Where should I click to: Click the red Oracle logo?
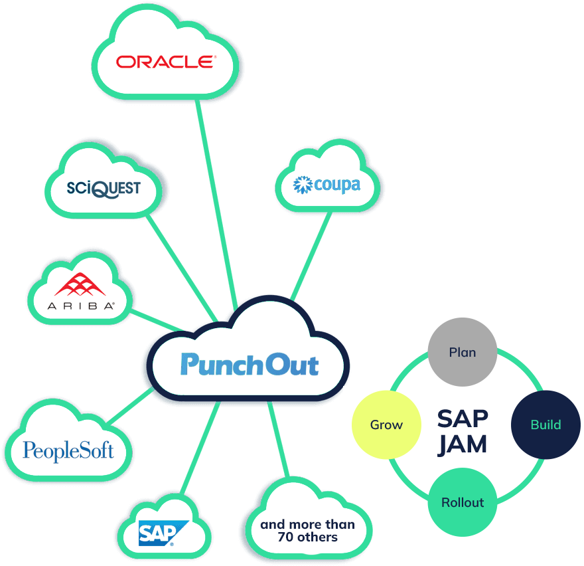[x=166, y=62]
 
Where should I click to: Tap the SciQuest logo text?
[x=104, y=188]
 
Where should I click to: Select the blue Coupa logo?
[x=327, y=184]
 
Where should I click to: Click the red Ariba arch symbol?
[x=81, y=285]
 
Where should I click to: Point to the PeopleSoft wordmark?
[x=68, y=450]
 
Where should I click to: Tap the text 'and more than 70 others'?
[x=307, y=530]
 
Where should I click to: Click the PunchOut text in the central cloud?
[x=249, y=364]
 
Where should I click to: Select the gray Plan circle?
[x=463, y=352]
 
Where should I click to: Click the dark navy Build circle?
[x=546, y=424]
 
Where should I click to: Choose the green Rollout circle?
[x=463, y=502]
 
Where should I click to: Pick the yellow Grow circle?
[x=386, y=424]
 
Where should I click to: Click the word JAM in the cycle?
[x=463, y=444]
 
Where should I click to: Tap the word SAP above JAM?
[x=463, y=419]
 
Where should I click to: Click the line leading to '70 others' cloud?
[x=279, y=438]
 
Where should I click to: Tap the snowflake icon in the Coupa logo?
[x=303, y=185]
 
